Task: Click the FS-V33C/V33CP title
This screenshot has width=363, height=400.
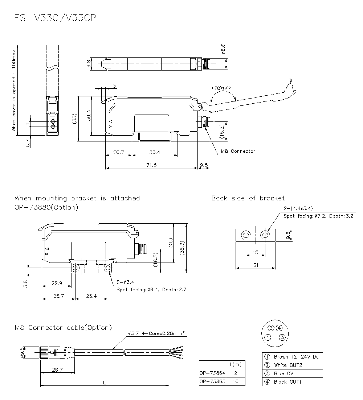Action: click(x=55, y=19)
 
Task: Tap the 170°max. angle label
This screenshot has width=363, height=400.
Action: click(x=222, y=88)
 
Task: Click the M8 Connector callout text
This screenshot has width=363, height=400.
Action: click(x=238, y=151)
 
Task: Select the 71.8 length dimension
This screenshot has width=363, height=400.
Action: click(x=151, y=165)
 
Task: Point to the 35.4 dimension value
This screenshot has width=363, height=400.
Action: click(x=155, y=153)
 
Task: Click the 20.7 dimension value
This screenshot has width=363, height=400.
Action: click(x=119, y=153)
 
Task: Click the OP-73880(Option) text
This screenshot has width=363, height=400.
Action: click(x=46, y=208)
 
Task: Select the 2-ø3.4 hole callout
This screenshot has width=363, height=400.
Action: click(x=126, y=282)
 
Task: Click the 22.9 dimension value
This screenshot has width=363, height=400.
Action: click(x=57, y=283)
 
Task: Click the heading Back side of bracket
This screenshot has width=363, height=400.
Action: click(x=248, y=198)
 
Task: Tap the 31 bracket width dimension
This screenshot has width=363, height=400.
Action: click(x=256, y=265)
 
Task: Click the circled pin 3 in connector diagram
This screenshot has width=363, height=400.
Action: click(x=282, y=337)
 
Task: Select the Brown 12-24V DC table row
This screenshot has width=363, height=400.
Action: click(x=292, y=357)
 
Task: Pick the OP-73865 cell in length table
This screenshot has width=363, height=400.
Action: click(x=212, y=382)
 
